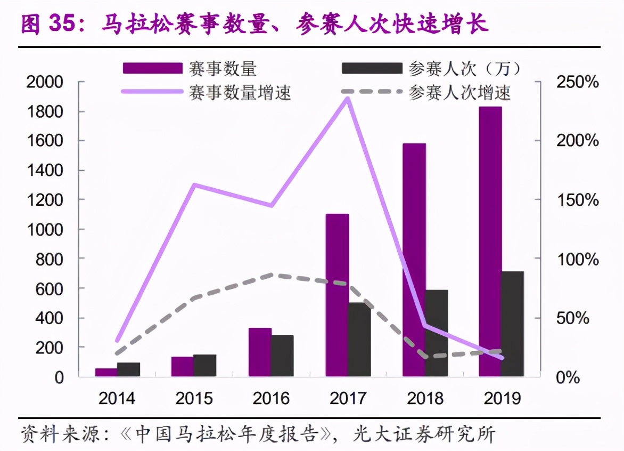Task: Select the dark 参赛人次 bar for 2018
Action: click(x=437, y=333)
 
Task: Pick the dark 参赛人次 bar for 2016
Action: click(x=283, y=356)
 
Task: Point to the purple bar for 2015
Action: click(x=183, y=366)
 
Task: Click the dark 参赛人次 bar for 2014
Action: click(x=128, y=369)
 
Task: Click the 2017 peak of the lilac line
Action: click(x=348, y=98)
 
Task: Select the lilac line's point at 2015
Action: click(x=194, y=185)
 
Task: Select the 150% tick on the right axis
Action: click(x=577, y=200)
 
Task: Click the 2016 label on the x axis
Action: click(x=271, y=398)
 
